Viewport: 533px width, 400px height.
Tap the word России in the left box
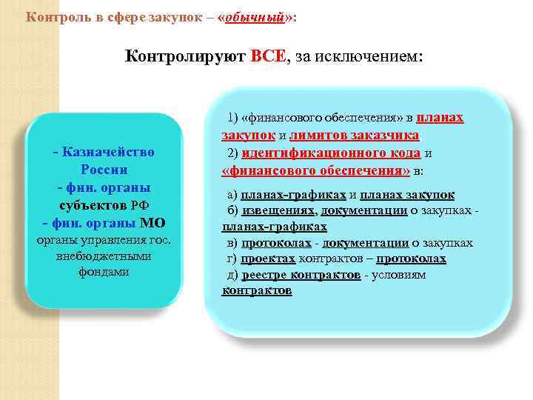(x=104, y=170)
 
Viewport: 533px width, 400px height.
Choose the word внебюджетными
(x=104, y=256)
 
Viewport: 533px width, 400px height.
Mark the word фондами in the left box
(x=104, y=272)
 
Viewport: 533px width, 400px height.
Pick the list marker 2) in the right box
(x=233, y=153)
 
